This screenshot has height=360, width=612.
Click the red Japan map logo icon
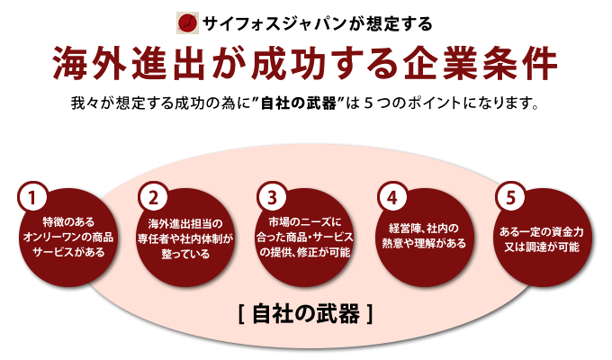187,23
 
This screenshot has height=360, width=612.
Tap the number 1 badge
32,197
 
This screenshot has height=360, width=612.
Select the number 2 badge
153,197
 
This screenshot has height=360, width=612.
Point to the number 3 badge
272,197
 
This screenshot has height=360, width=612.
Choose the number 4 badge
392,197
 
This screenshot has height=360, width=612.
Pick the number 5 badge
510,197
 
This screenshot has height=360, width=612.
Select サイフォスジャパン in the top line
274,23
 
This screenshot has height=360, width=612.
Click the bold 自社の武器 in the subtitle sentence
298,103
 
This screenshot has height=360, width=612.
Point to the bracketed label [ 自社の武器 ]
306,314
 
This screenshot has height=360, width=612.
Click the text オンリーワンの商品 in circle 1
68,237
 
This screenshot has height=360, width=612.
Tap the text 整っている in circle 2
185,254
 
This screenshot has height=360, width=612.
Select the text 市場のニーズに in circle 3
305,221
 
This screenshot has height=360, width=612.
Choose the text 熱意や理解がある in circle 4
424,243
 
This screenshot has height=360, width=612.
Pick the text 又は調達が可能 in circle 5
542,247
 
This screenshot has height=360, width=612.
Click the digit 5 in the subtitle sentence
368,103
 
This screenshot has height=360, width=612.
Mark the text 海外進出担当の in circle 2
185,223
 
